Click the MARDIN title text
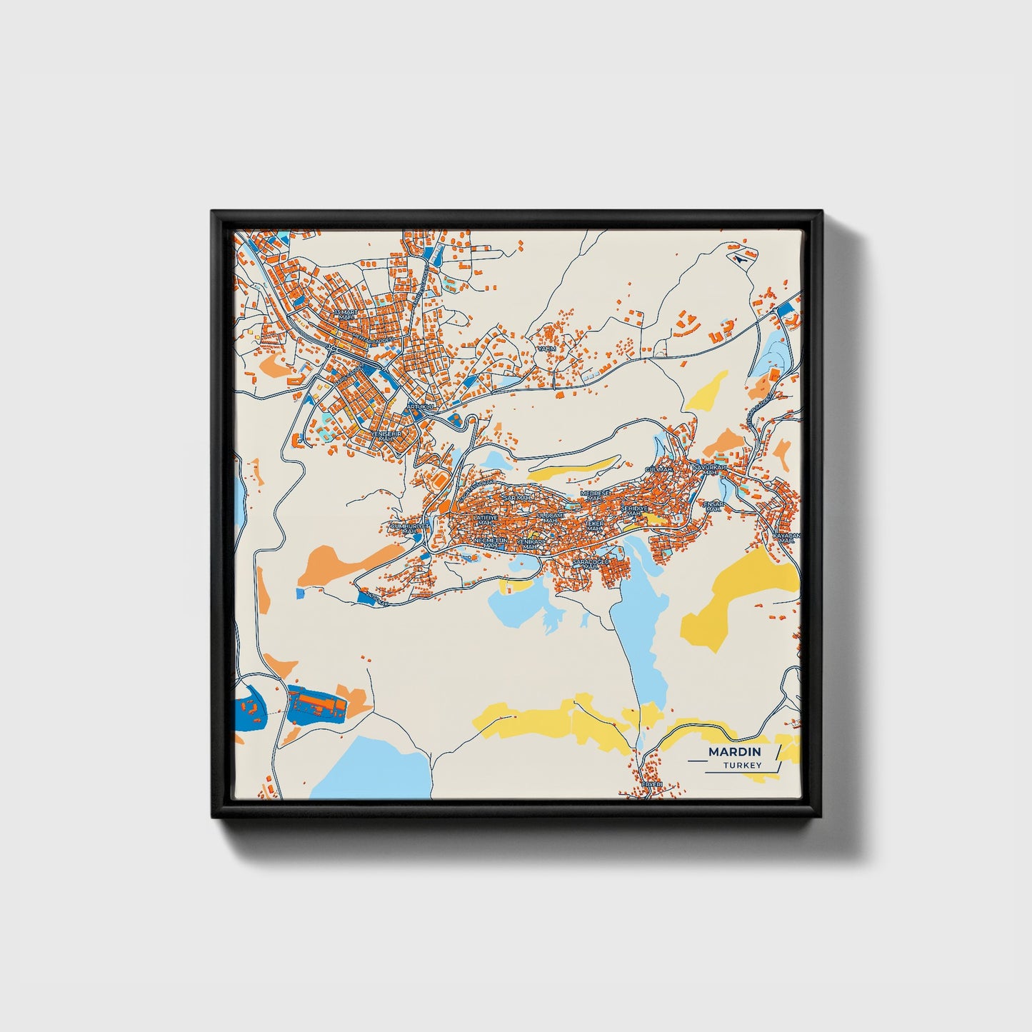click(734, 752)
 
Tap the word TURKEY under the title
click(742, 766)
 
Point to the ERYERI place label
click(651, 784)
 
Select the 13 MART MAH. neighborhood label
click(348, 315)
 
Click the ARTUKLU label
click(420, 406)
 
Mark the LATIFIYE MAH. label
click(485, 520)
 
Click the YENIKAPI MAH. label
click(531, 545)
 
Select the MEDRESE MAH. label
click(596, 495)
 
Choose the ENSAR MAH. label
click(713, 506)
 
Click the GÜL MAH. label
click(658, 469)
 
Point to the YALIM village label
click(546, 349)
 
